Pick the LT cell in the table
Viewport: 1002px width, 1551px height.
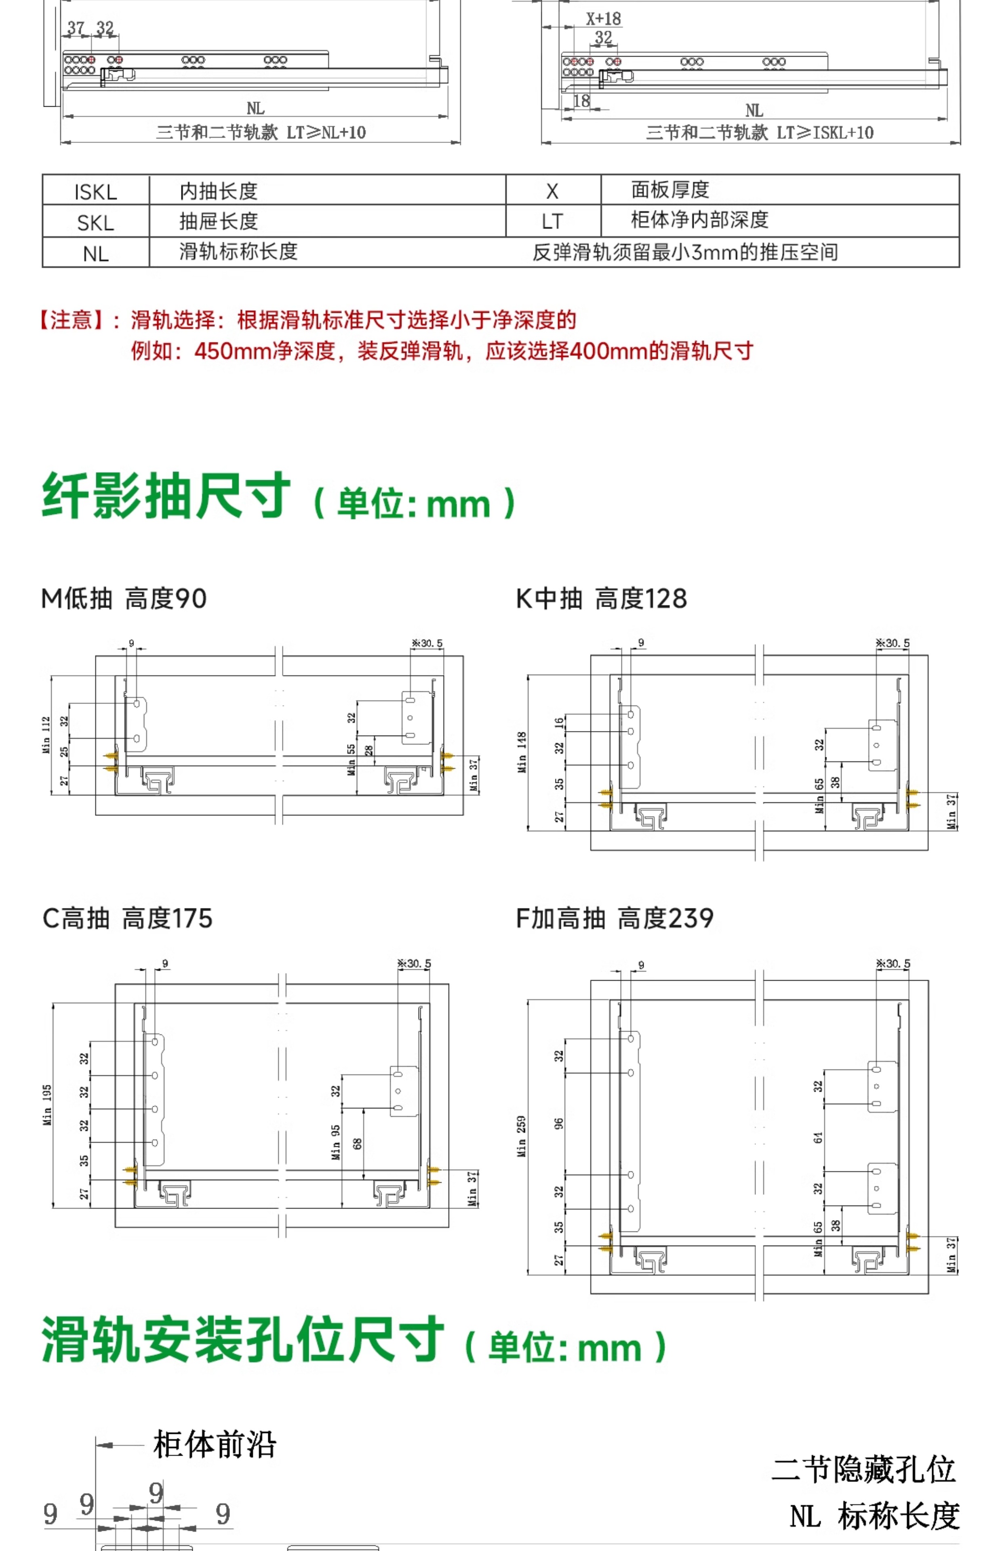click(552, 221)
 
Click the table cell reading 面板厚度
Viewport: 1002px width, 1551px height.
click(670, 190)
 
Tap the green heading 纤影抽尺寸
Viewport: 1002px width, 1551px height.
click(166, 496)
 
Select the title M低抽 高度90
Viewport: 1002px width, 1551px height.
click(124, 598)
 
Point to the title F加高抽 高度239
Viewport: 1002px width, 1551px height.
click(615, 918)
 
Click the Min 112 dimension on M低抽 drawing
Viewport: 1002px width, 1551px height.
click(46, 735)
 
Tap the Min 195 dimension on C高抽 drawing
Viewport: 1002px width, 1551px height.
click(47, 1105)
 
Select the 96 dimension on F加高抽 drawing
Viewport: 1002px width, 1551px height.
click(559, 1124)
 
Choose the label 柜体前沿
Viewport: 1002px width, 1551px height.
click(215, 1445)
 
